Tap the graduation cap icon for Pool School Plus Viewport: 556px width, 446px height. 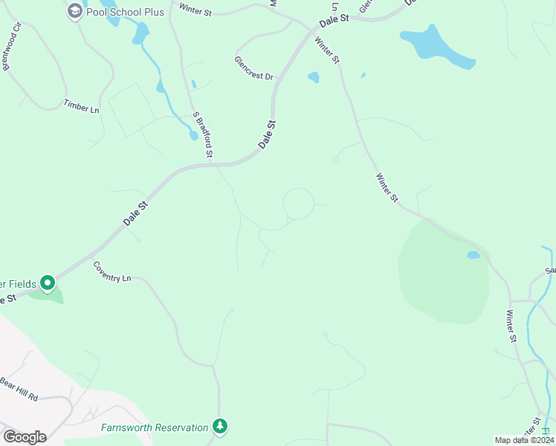[74, 10]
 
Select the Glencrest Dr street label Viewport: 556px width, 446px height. [254, 68]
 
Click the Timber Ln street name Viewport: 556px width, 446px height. [81, 106]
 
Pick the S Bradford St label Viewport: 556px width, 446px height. [203, 135]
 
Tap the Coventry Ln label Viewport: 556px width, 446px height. [112, 271]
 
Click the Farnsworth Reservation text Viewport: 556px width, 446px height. [155, 427]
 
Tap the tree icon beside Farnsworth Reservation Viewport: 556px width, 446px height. [219, 426]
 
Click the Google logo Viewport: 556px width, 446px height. [25, 436]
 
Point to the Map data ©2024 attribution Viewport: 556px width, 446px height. [524, 440]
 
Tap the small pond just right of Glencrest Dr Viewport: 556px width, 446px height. [314, 77]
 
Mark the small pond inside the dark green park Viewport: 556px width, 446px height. [473, 255]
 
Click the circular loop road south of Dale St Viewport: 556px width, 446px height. [298, 204]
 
